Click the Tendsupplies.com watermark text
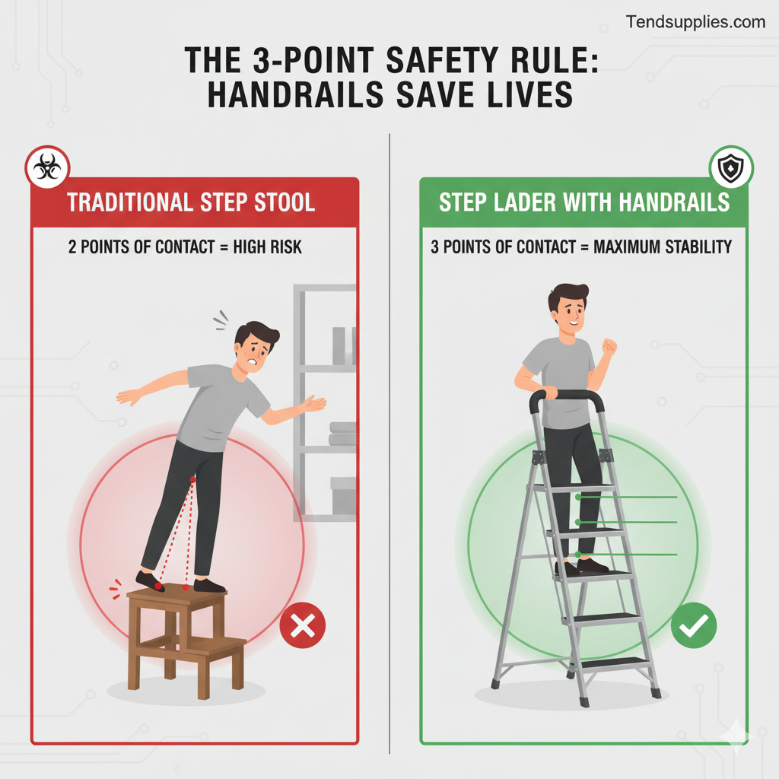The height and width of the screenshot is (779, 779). (695, 22)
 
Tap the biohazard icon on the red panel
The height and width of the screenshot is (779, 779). (47, 167)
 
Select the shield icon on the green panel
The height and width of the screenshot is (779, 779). (731, 167)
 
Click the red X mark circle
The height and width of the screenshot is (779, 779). (303, 625)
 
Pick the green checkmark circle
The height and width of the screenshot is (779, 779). (694, 625)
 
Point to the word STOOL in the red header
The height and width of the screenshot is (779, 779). (285, 202)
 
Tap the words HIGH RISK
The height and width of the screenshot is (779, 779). (267, 247)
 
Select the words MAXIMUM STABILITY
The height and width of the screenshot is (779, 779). (663, 247)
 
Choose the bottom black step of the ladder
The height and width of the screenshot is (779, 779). (614, 663)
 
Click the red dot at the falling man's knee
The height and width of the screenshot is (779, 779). (192, 479)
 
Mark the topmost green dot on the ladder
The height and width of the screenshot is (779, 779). (578, 497)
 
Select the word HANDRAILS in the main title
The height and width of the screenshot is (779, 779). (295, 95)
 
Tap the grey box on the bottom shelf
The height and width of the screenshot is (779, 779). (343, 496)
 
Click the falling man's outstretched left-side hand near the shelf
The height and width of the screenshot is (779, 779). (315, 403)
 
